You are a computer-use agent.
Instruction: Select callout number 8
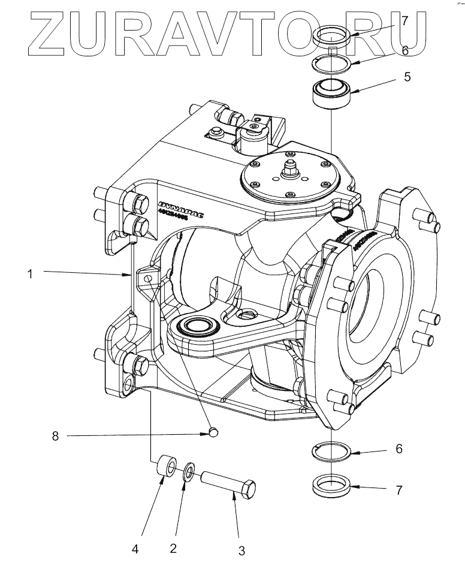(55, 436)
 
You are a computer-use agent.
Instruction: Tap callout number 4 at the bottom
(135, 548)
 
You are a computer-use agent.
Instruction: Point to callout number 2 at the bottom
(174, 548)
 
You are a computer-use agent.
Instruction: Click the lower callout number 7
(399, 490)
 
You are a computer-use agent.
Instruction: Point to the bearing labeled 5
(331, 93)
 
